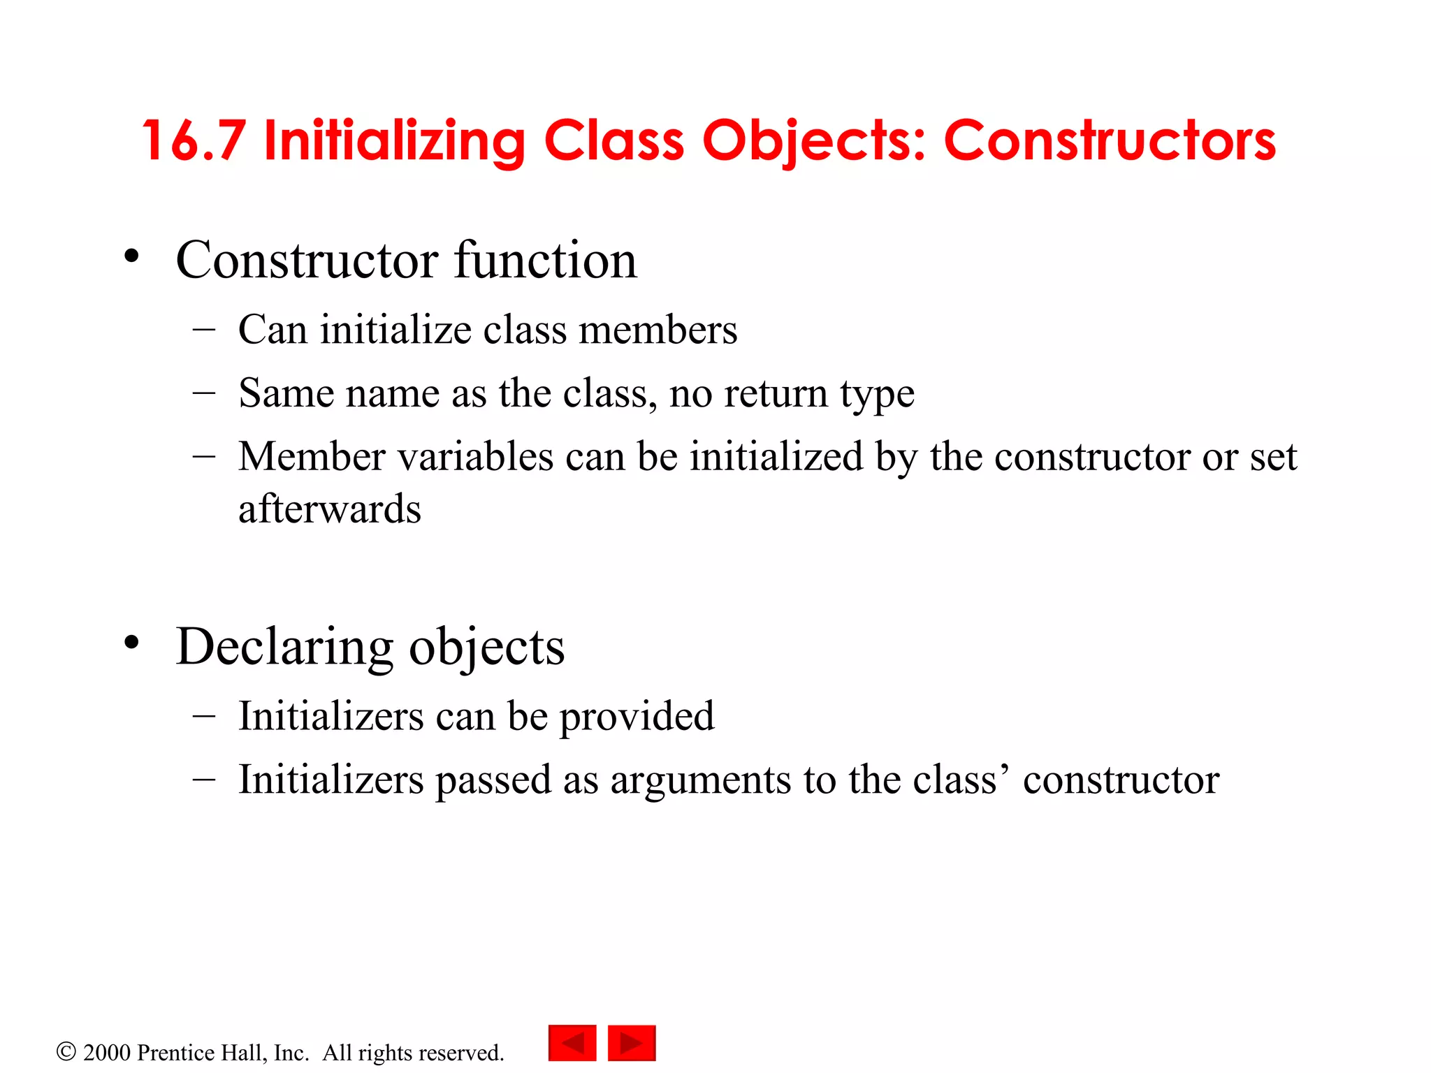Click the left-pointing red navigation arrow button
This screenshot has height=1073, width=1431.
[x=572, y=1043]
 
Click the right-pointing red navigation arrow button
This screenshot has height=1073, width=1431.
[x=632, y=1043]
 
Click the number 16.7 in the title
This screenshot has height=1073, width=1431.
[x=194, y=141]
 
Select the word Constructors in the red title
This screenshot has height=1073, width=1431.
[x=1110, y=141]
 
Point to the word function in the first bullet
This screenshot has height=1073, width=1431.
[x=546, y=260]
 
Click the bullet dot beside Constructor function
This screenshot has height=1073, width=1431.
[x=131, y=257]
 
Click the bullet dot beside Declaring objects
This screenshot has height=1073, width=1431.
[x=131, y=643]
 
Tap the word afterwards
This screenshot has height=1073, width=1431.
[x=330, y=509]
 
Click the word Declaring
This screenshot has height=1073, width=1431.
[x=285, y=647]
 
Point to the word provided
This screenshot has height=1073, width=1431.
[x=637, y=717]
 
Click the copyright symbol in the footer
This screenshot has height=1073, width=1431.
[x=66, y=1051]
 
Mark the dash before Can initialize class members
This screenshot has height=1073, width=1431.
[x=204, y=328]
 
